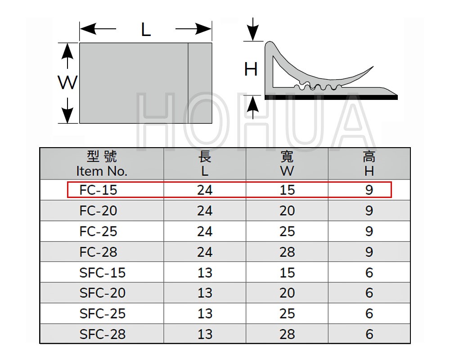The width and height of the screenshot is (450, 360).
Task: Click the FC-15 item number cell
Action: coord(98,190)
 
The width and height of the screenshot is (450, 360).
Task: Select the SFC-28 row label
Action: coord(103,334)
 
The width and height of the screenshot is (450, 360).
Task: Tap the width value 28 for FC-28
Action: coord(287,252)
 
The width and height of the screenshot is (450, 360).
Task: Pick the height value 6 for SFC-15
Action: coord(369,272)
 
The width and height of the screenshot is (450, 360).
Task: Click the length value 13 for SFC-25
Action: coord(205,314)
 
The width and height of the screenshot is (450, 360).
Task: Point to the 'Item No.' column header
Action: coord(102,171)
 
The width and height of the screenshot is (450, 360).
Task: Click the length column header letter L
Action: coord(205,171)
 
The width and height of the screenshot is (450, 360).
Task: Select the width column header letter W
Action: coord(287,171)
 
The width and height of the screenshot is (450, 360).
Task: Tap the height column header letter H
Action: coord(369,171)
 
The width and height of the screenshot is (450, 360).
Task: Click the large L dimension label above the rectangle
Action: coord(146,30)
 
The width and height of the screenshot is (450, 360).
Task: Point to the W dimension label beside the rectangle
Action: coord(68,82)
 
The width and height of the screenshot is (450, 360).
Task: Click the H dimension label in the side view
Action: coord(251,69)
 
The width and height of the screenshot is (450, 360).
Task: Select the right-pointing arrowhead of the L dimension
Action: coord(204,29)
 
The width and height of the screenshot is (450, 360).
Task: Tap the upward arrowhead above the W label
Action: coord(67,51)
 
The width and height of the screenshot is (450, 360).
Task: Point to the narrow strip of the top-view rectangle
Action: coord(200,83)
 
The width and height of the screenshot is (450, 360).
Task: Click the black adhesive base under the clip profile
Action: coord(331,98)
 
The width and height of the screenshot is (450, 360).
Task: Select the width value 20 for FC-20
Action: coord(287,211)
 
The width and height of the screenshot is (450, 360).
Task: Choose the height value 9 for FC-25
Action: coord(369,231)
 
